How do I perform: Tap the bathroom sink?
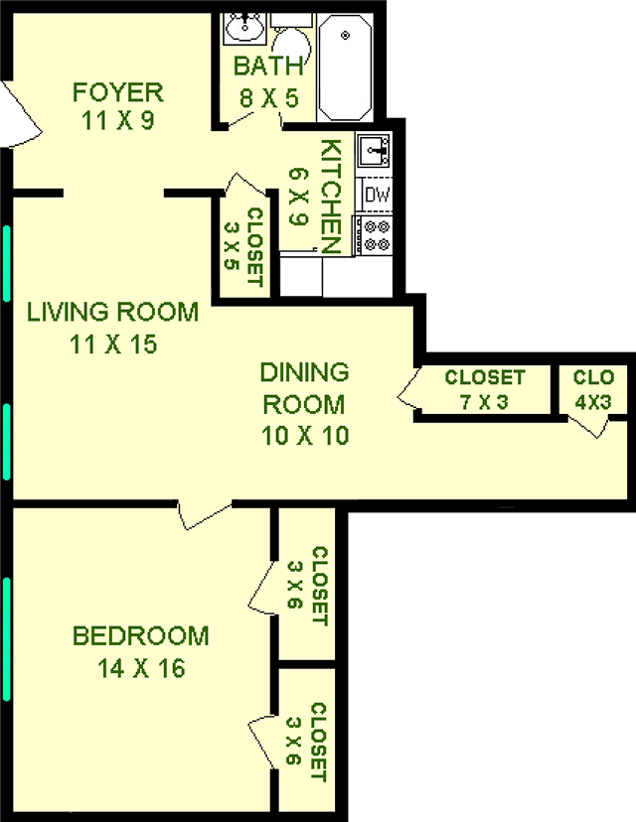[241, 30]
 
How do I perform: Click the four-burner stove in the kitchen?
[377, 236]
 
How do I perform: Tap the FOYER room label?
[117, 93]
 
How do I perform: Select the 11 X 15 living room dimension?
[111, 345]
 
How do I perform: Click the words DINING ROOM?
[304, 388]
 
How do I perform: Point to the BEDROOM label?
[141, 635]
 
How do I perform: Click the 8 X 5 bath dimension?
[267, 98]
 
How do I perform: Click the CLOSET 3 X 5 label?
[244, 246]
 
